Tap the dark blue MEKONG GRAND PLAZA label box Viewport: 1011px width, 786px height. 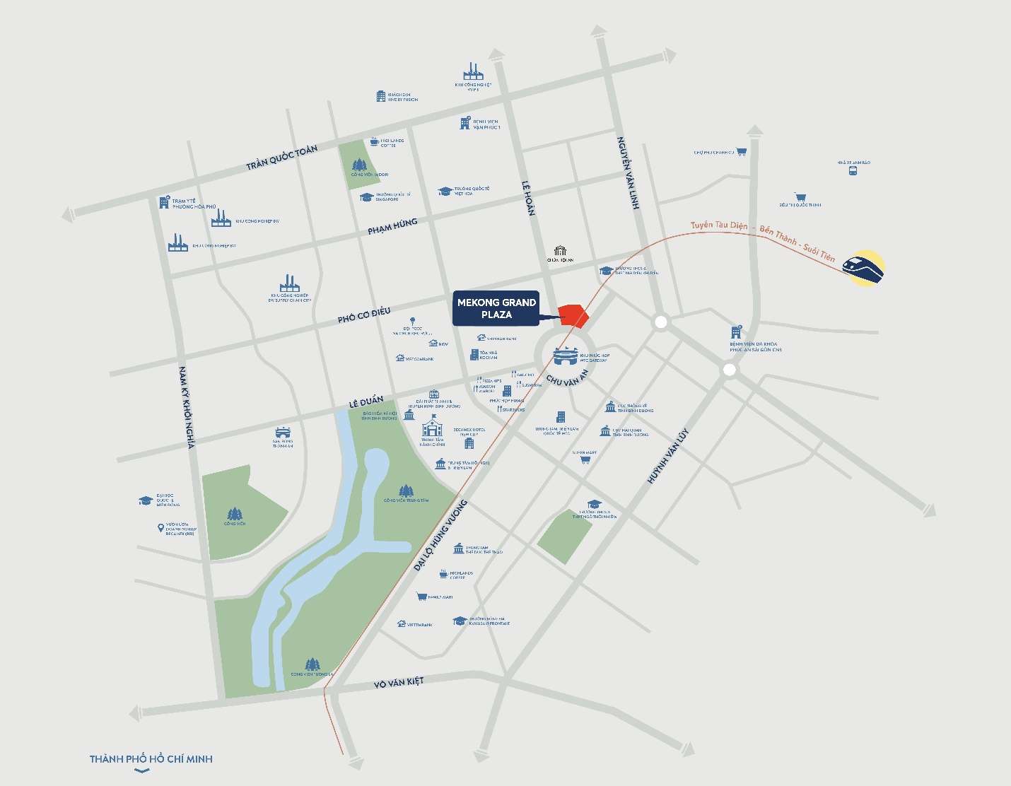(496, 308)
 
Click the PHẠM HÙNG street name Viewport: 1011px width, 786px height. (392, 227)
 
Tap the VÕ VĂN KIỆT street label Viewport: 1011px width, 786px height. (399, 682)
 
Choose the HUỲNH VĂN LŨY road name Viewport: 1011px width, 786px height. (667, 456)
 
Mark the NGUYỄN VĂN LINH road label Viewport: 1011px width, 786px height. (628, 172)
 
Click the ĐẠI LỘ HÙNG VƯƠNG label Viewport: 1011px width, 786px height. (441, 535)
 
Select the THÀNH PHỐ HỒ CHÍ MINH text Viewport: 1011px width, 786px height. (151, 759)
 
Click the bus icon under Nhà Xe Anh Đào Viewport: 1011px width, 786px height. (853, 170)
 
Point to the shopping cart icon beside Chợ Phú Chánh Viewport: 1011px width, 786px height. (741, 151)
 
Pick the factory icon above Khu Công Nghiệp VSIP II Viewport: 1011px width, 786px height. (473, 71)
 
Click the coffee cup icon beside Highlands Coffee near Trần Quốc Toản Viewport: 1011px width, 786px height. (374, 142)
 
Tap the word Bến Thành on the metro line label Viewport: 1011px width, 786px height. (777, 234)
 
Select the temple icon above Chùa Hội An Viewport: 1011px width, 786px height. (561, 251)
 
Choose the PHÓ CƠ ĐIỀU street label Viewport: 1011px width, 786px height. (363, 315)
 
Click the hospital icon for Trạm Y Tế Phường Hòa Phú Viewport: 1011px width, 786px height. (165, 203)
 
